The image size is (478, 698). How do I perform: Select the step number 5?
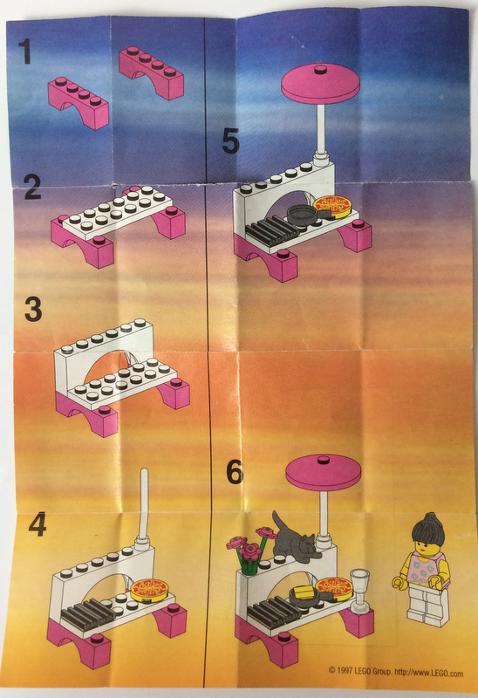pyautogui.click(x=229, y=140)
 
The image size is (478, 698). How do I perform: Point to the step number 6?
pyautogui.click(x=235, y=472)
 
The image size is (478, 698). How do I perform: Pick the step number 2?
pyautogui.click(x=32, y=187)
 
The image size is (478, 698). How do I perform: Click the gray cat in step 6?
pyautogui.click(x=294, y=541)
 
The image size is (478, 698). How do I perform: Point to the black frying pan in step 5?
pyautogui.click(x=301, y=211)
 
